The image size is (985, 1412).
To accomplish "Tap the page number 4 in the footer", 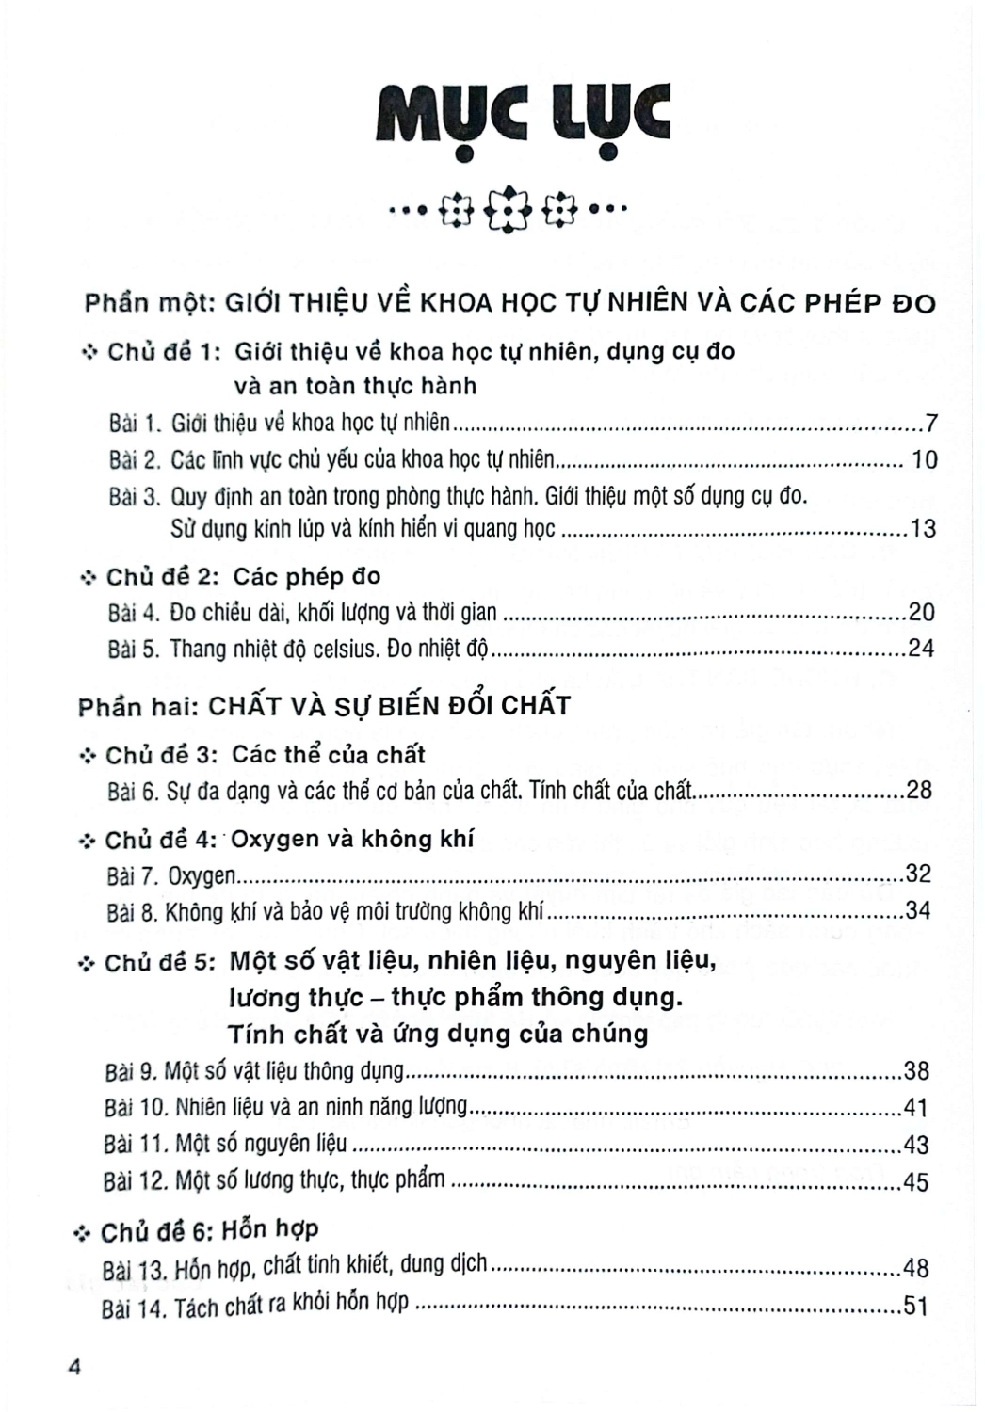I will (x=75, y=1368).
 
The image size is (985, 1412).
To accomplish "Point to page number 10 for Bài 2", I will (x=925, y=459).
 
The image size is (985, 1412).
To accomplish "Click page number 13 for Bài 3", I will (x=923, y=529).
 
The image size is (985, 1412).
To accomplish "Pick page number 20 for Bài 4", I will (x=921, y=613).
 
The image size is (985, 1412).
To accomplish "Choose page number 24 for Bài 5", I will (x=920, y=649).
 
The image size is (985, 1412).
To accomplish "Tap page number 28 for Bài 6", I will (x=917, y=790).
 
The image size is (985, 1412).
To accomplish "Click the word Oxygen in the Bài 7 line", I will (x=202, y=876).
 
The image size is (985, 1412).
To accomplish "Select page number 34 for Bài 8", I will (x=916, y=910).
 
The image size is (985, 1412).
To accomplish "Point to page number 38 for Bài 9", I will (x=915, y=1071).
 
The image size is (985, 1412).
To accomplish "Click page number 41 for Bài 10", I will (x=915, y=1108).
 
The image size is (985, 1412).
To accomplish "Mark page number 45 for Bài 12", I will (x=915, y=1181).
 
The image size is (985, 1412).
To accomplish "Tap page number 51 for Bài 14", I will (x=915, y=1307).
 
